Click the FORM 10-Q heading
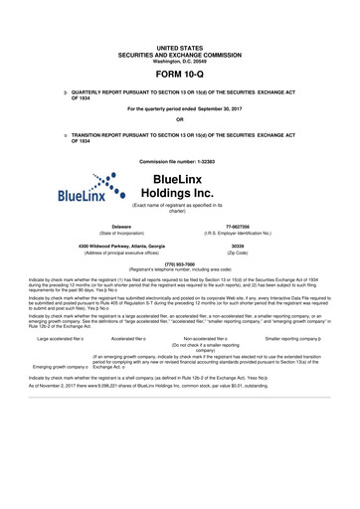click(179, 75)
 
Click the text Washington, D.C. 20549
click(179, 61)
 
